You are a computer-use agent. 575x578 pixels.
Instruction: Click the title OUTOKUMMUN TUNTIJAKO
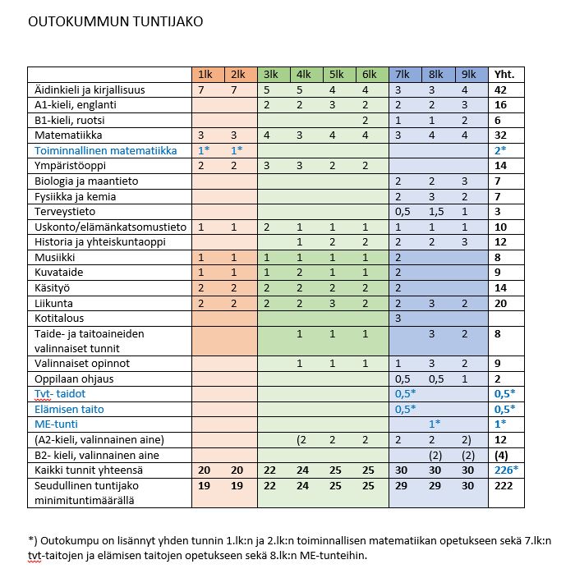pos(115,21)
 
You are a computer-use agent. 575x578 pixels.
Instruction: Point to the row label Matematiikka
pos(65,135)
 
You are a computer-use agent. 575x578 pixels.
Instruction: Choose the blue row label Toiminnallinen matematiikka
pos(105,150)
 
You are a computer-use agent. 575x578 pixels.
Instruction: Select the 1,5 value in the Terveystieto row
pos(435,211)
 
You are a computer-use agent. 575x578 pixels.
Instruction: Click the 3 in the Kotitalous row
pos(398,318)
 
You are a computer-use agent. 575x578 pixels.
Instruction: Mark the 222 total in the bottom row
pos(503,484)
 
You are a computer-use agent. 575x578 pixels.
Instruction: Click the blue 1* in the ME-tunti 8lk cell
pos(435,424)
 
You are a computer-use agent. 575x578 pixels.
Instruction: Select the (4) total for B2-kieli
pos(501,454)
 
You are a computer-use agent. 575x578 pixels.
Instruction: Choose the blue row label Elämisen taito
pos(69,409)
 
